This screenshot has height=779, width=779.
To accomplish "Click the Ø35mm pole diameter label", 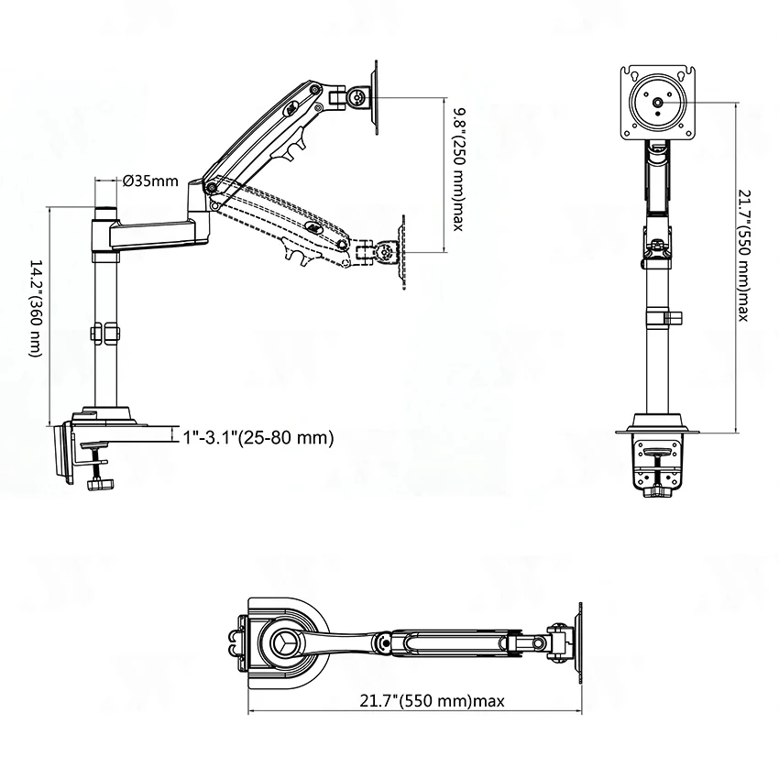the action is tap(150, 181).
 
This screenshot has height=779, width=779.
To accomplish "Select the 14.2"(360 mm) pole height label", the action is tap(37, 308).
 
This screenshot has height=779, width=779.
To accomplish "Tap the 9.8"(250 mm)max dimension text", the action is tap(458, 170).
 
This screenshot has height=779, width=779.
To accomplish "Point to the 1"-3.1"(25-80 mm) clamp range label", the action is tap(258, 438).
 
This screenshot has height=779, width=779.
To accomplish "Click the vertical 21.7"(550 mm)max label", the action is tap(744, 256).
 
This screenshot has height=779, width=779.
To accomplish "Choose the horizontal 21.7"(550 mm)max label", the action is tap(433, 700).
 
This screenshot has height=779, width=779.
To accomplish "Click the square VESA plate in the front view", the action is tap(658, 104).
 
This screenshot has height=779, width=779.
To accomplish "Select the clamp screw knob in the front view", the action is tap(658, 492).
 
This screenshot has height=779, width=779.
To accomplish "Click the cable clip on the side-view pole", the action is tap(105, 334).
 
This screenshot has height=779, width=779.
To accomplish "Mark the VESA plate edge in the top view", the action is tap(579, 644).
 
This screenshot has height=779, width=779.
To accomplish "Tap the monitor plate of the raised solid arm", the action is tap(375, 97).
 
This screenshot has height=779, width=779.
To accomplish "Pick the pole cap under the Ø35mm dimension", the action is tap(105, 214).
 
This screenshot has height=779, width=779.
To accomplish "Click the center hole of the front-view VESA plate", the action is tap(658, 103).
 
